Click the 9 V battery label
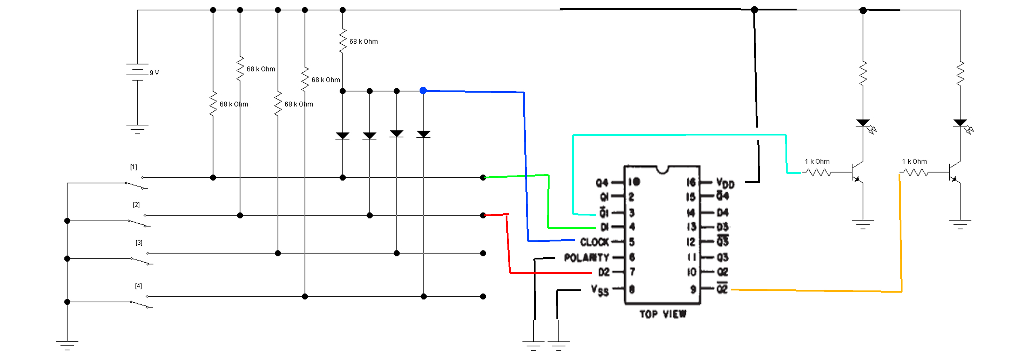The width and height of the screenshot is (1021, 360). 154,73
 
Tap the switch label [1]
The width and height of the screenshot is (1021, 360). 134,167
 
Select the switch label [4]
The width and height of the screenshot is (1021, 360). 138,286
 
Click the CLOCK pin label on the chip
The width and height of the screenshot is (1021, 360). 594,242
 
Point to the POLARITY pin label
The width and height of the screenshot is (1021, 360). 587,258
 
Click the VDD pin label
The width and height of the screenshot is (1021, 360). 725,183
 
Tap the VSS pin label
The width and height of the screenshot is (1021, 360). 600,290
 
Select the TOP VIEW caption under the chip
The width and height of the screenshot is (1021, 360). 663,314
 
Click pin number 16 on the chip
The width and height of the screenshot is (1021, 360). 691,182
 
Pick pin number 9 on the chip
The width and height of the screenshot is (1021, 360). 693,289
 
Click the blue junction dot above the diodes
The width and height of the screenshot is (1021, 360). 423,91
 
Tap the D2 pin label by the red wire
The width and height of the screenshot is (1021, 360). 604,272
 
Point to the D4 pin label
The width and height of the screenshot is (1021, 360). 722,213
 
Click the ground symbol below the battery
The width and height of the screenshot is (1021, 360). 137,129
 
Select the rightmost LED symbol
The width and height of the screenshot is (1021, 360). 960,123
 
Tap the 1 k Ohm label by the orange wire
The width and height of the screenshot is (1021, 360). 914,162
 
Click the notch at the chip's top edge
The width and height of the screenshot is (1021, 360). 662,170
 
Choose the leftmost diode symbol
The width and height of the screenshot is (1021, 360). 342,136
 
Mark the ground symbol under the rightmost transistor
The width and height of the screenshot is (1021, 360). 960,225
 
